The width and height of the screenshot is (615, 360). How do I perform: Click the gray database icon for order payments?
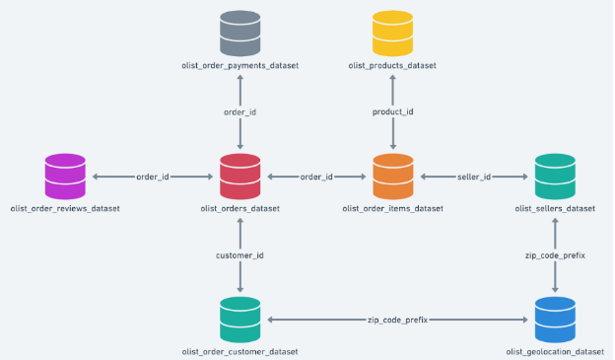point(240,33)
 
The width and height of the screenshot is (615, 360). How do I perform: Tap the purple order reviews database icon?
point(65,177)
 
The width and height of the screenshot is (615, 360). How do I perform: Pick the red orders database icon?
point(240,177)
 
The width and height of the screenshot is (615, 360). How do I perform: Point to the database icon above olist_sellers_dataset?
point(555,177)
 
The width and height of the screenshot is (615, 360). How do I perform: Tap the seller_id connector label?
point(475,177)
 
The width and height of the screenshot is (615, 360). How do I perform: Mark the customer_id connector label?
point(240,255)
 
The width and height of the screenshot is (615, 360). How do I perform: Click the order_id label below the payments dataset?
point(240,112)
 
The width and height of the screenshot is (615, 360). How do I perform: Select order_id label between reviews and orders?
point(153,177)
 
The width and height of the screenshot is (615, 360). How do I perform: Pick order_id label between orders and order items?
point(315,177)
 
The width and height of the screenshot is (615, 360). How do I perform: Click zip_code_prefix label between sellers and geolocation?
point(555,255)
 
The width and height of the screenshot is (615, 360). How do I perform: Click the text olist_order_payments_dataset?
point(240,65)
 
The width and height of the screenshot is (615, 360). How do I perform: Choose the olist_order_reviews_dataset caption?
point(65,209)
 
